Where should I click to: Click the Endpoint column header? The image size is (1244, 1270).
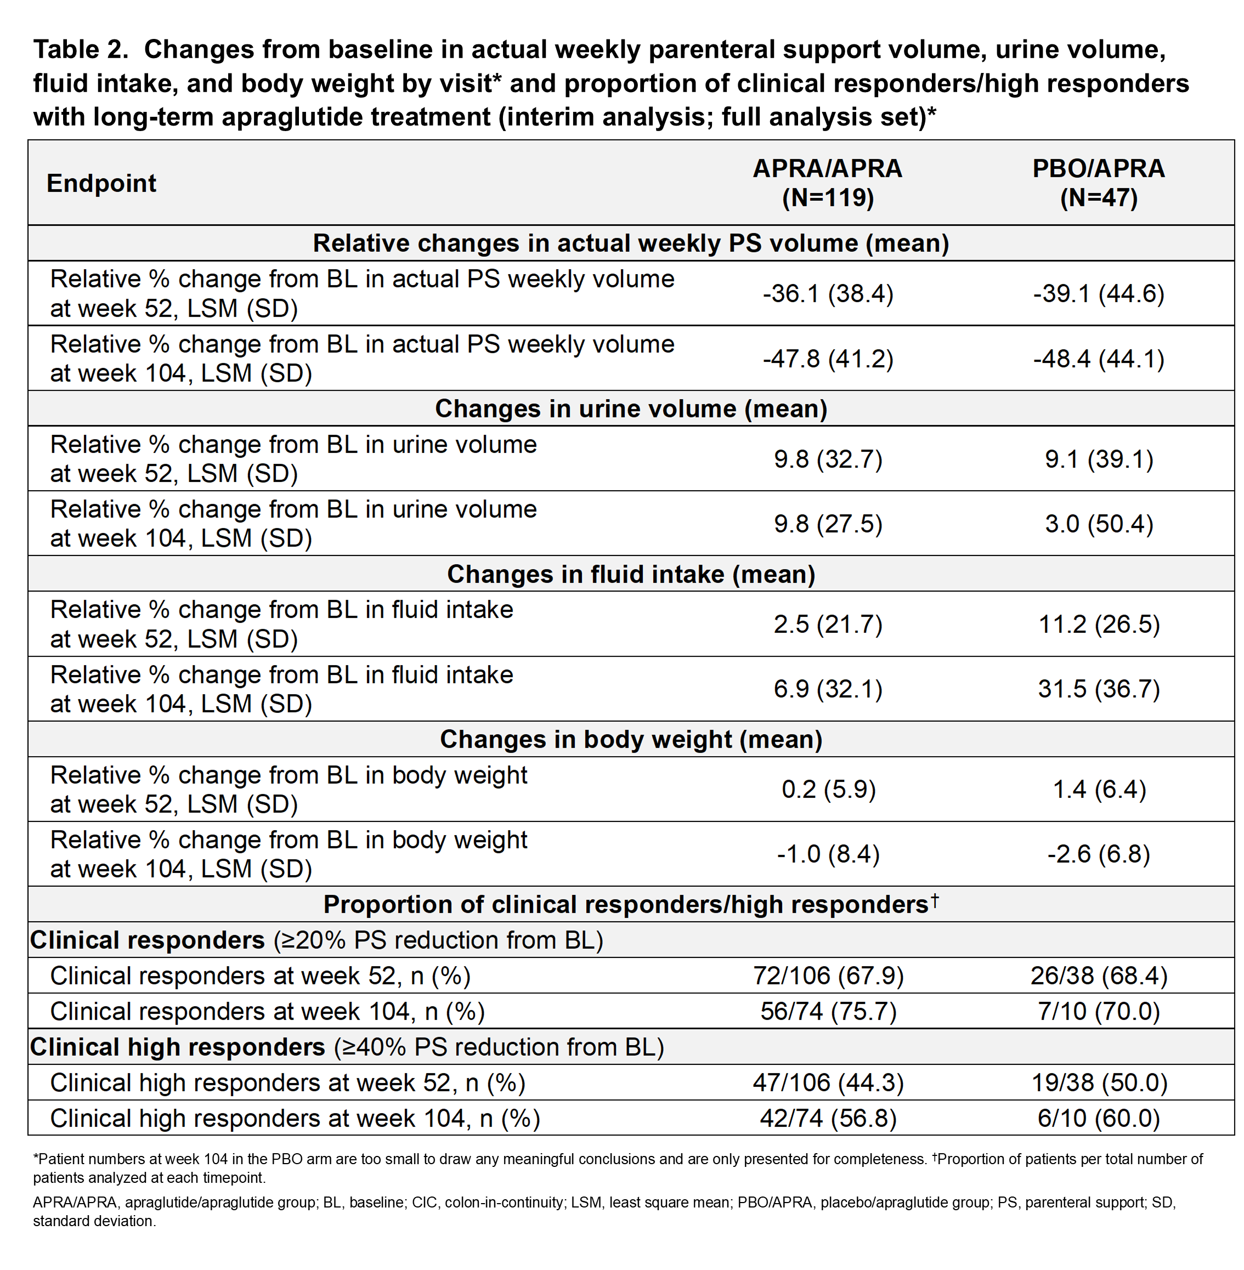coord(101,184)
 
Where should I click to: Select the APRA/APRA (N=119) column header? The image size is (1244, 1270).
coord(828,183)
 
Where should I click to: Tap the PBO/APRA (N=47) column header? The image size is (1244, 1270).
coord(1099,183)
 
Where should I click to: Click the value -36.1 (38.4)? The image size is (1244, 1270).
coord(828,293)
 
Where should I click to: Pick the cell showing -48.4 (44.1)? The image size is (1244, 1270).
coord(1099,359)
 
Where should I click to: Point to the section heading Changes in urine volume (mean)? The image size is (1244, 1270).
coord(631,409)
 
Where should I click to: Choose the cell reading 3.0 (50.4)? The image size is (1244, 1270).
coord(1099,523)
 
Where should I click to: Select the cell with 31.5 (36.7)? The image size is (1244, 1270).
coord(1099,689)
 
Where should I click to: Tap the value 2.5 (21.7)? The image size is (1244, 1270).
coord(828,624)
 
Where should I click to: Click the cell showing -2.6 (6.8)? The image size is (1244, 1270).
coord(1099,854)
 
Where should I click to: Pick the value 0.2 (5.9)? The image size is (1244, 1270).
coord(828,789)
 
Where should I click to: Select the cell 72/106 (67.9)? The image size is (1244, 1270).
coord(828,976)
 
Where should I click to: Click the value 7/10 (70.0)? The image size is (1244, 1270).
coord(1099,1011)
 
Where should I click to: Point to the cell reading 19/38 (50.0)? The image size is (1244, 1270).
coord(1099,1082)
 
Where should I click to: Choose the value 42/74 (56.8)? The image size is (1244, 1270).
coord(828,1119)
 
